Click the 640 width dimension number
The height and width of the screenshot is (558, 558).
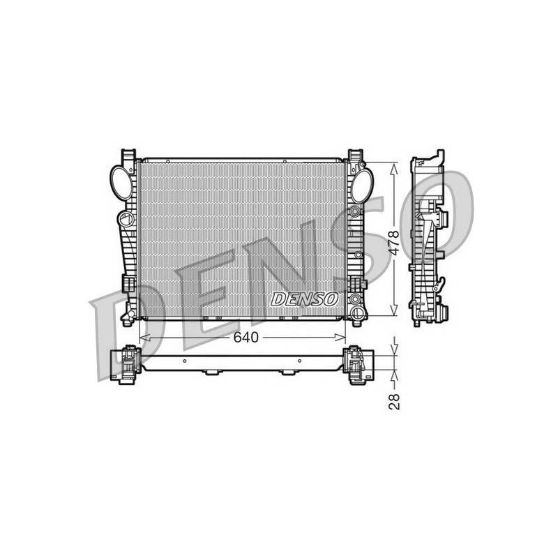point(246,338)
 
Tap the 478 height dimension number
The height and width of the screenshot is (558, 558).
point(394,243)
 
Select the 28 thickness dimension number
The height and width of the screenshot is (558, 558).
point(394,402)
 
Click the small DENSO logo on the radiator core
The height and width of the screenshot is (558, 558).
point(304,299)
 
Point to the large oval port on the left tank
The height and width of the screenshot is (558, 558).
point(121,183)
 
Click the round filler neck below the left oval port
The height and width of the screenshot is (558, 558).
point(126,218)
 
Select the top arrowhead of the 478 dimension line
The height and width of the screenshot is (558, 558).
point(394,169)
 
